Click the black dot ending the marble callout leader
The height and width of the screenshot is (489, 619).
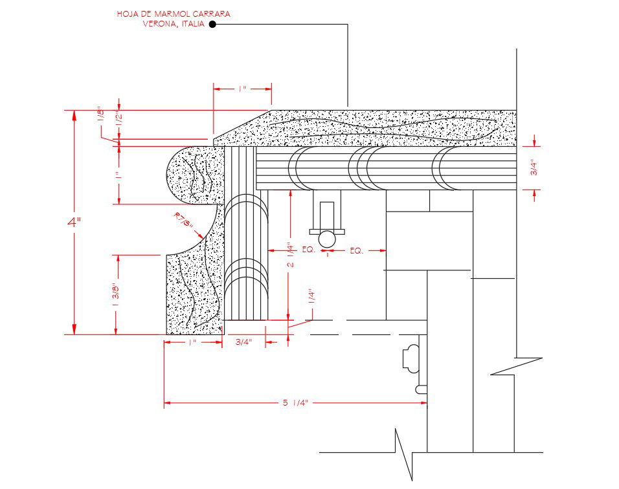(x=212, y=25)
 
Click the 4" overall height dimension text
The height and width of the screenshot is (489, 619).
(x=74, y=222)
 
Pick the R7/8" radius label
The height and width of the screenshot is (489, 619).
(x=183, y=221)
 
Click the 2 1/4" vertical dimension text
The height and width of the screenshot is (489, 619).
(x=291, y=255)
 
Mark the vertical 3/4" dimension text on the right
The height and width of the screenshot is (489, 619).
(x=534, y=168)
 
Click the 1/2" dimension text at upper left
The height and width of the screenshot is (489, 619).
(x=118, y=118)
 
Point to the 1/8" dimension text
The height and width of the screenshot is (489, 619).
(x=100, y=114)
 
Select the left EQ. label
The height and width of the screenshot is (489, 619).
(x=308, y=250)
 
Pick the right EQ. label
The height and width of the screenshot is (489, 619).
(x=356, y=250)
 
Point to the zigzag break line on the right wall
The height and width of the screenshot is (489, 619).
(x=516, y=366)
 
